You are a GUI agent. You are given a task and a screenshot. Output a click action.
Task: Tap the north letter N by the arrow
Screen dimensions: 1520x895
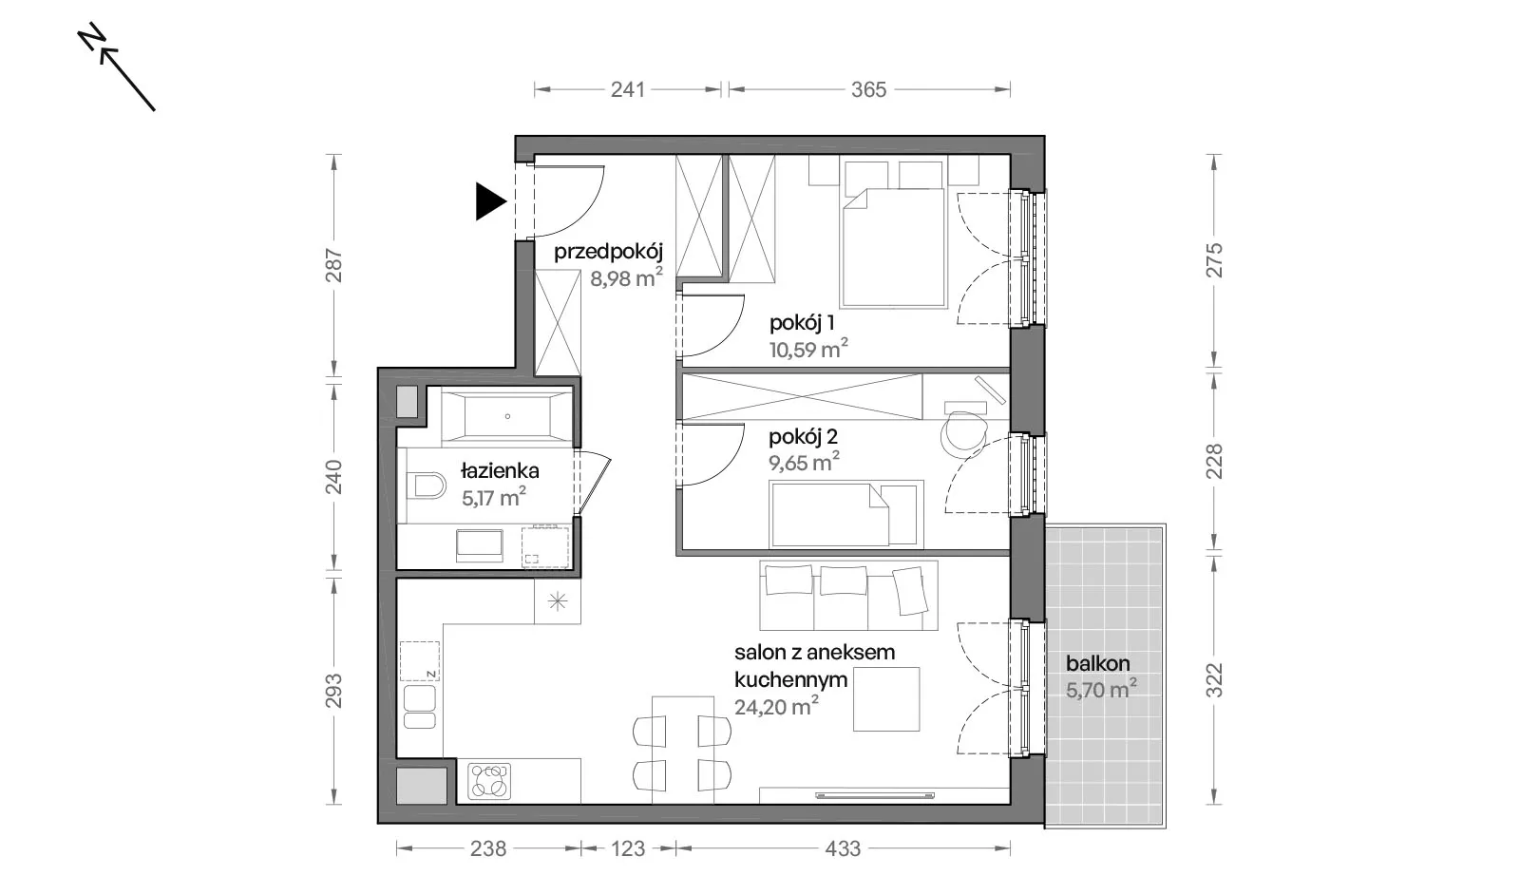(x=91, y=37)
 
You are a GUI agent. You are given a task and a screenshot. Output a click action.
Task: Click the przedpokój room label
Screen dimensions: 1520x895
(x=608, y=253)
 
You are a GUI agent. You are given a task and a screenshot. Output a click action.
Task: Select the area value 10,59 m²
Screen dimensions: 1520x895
(x=808, y=349)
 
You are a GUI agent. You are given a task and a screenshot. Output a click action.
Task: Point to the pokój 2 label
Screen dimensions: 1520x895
(x=803, y=436)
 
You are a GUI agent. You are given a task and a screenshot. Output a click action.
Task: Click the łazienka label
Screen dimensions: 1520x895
(x=500, y=470)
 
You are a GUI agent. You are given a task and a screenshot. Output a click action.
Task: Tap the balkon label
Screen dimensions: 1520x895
(x=1097, y=663)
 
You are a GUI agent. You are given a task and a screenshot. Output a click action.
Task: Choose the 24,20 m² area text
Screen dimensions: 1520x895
(x=776, y=706)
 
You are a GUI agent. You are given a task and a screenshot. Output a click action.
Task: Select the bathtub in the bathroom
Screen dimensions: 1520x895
(x=507, y=417)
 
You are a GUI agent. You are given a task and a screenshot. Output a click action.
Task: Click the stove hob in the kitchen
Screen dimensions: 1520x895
(x=489, y=780)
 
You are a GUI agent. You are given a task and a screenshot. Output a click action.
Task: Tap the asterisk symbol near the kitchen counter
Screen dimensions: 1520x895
(x=557, y=601)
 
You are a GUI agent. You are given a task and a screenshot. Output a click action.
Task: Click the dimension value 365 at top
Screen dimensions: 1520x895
(x=868, y=89)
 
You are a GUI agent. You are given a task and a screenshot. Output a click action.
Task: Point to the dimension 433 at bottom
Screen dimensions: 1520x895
(x=842, y=848)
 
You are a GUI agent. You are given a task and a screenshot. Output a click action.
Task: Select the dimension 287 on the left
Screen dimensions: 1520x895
(x=333, y=265)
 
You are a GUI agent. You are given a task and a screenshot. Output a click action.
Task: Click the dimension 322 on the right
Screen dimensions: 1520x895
(x=1214, y=680)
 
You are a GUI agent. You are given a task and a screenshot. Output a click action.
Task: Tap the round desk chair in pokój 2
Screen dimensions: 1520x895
(x=963, y=435)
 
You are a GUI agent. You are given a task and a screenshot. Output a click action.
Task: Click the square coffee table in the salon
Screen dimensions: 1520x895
(x=886, y=699)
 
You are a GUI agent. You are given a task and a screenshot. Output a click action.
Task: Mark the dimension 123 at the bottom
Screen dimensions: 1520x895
(x=628, y=848)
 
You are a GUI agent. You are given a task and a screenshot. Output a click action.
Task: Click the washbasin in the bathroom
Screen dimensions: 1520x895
(x=480, y=545)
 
